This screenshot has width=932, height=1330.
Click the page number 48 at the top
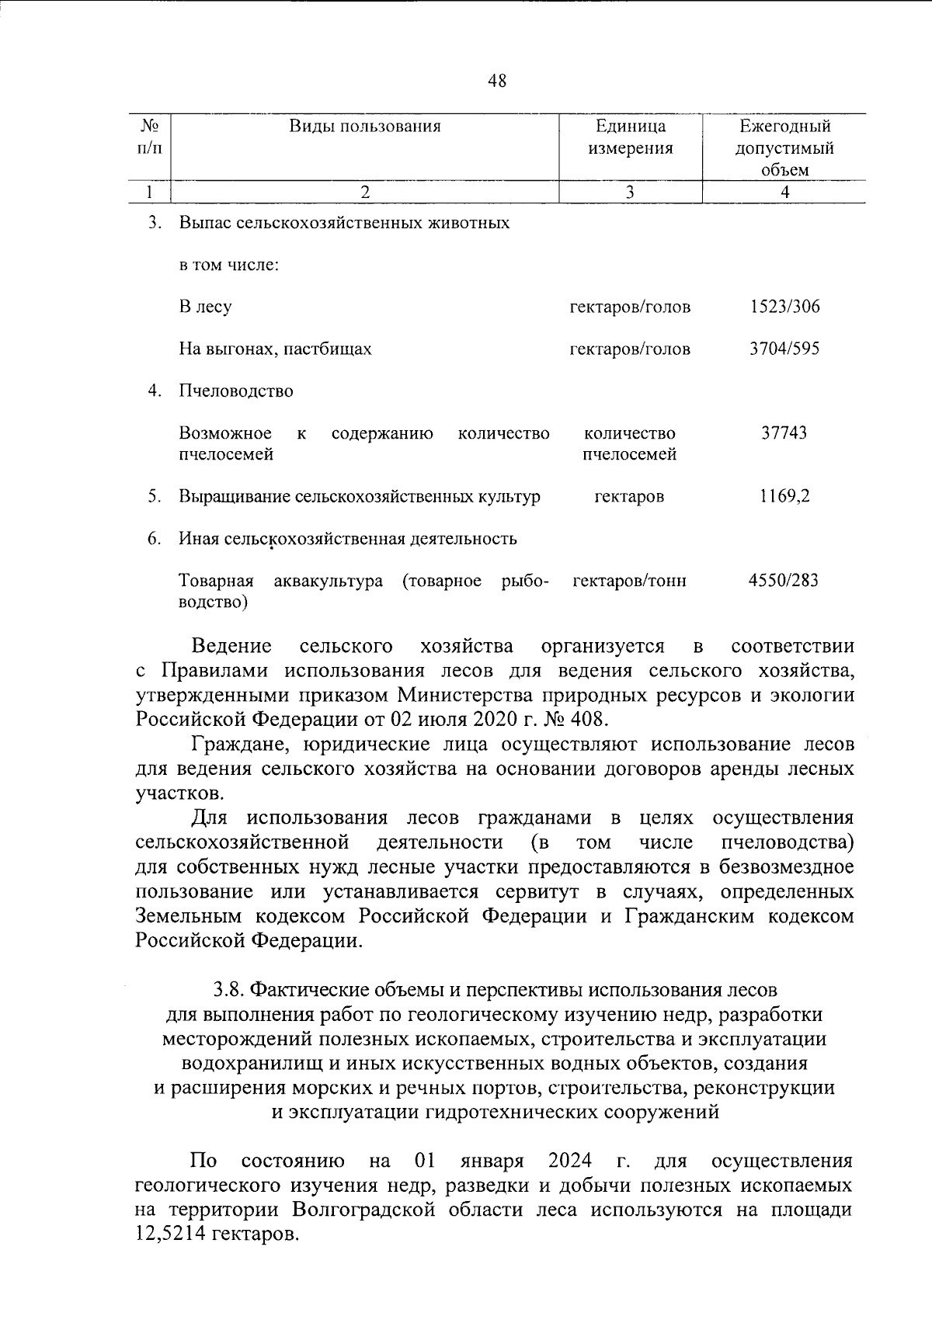[497, 80]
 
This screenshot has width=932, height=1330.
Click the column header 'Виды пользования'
[365, 127]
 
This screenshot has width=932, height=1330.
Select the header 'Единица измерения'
[631, 137]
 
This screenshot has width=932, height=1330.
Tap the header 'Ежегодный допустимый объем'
[784, 148]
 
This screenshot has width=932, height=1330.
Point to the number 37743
[784, 432]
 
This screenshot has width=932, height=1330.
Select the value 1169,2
[784, 496]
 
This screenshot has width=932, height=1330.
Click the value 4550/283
[783, 580]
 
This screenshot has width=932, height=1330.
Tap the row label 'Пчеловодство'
[236, 391]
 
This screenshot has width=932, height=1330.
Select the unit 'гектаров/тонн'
[629, 580]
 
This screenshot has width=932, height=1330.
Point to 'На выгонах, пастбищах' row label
[275, 349]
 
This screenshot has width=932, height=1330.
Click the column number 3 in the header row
[630, 192]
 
